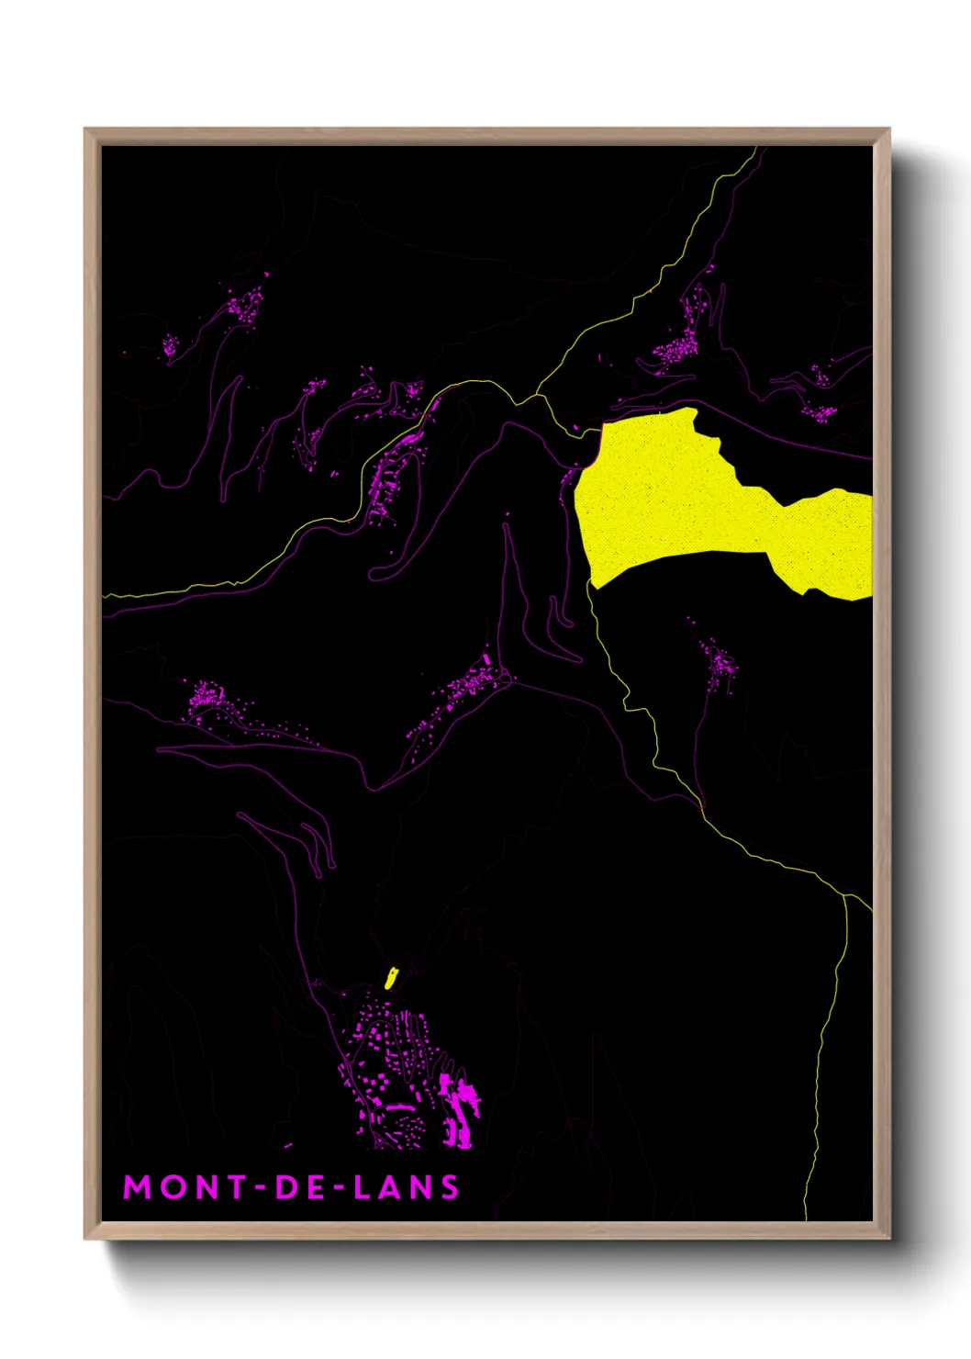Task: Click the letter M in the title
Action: pyautogui.click(x=139, y=1187)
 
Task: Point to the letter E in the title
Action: pyautogui.click(x=315, y=1187)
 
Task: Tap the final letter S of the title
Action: pyautogui.click(x=450, y=1187)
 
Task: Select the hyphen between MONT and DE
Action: pyautogui.click(x=261, y=1188)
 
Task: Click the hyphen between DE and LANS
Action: pyautogui.click(x=339, y=1188)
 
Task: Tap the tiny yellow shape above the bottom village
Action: pyautogui.click(x=390, y=978)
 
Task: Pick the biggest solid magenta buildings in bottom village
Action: pyautogui.click(x=459, y=1106)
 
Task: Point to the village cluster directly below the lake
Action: pyautogui.click(x=719, y=661)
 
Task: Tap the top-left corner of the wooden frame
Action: pyautogui.click(x=85, y=129)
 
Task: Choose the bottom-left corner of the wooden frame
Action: pyautogui.click(x=85, y=1239)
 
